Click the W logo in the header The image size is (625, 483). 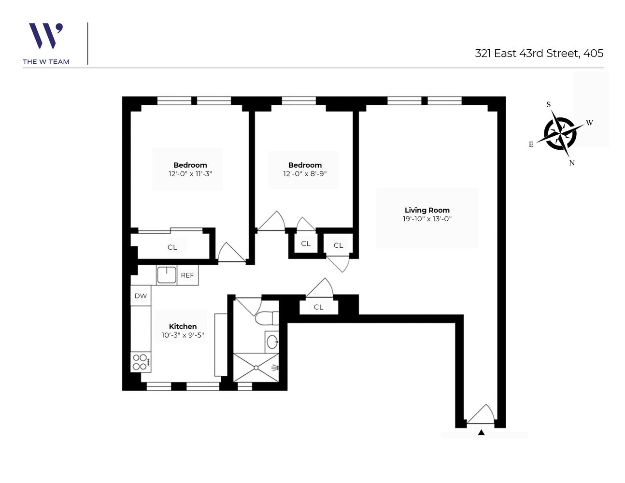(x=45, y=36)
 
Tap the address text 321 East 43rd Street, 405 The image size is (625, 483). (x=539, y=53)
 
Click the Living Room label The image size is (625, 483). (x=427, y=210)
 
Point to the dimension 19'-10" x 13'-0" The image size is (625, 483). (x=427, y=219)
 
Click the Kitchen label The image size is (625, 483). (x=183, y=327)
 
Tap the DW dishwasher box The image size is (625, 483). (x=141, y=296)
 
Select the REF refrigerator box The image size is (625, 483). (x=187, y=275)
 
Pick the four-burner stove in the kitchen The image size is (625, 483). (x=140, y=362)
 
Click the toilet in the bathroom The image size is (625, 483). (x=267, y=318)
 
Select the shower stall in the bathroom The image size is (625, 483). (x=256, y=368)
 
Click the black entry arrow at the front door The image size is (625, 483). (x=481, y=432)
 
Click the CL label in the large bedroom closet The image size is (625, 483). (x=172, y=247)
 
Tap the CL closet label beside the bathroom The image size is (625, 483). (x=318, y=307)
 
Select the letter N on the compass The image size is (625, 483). (x=572, y=163)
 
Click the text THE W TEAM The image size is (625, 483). (x=46, y=61)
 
